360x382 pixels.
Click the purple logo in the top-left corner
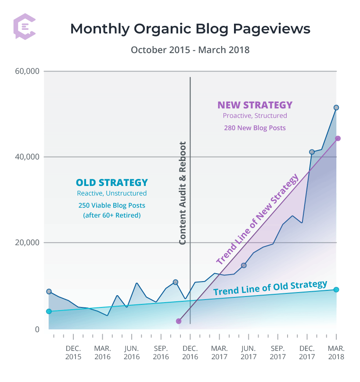[x=25, y=27]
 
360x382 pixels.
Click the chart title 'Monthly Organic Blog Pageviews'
[x=190, y=29]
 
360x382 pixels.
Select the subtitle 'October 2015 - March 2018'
[x=190, y=50]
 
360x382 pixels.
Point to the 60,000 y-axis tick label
[x=27, y=71]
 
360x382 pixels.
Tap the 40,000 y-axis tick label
[x=27, y=157]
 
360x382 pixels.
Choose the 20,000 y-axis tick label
[x=27, y=243]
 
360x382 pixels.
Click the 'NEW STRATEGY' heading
[x=255, y=105]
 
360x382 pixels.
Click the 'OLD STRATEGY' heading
[x=112, y=182]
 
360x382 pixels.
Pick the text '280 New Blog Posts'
[x=255, y=128]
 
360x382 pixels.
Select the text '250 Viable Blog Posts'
[x=112, y=205]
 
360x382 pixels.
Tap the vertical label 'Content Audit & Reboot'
[x=183, y=193]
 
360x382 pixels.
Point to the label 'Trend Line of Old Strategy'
[x=270, y=288]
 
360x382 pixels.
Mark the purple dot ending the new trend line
[x=338, y=139]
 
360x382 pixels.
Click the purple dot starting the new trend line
[x=179, y=321]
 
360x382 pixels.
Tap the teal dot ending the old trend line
[x=336, y=289]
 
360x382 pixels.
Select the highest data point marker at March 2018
[x=336, y=107]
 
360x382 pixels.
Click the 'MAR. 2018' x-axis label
[x=336, y=352]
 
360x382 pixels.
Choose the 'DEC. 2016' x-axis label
[x=190, y=352]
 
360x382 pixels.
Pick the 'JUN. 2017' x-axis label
[x=248, y=352]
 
